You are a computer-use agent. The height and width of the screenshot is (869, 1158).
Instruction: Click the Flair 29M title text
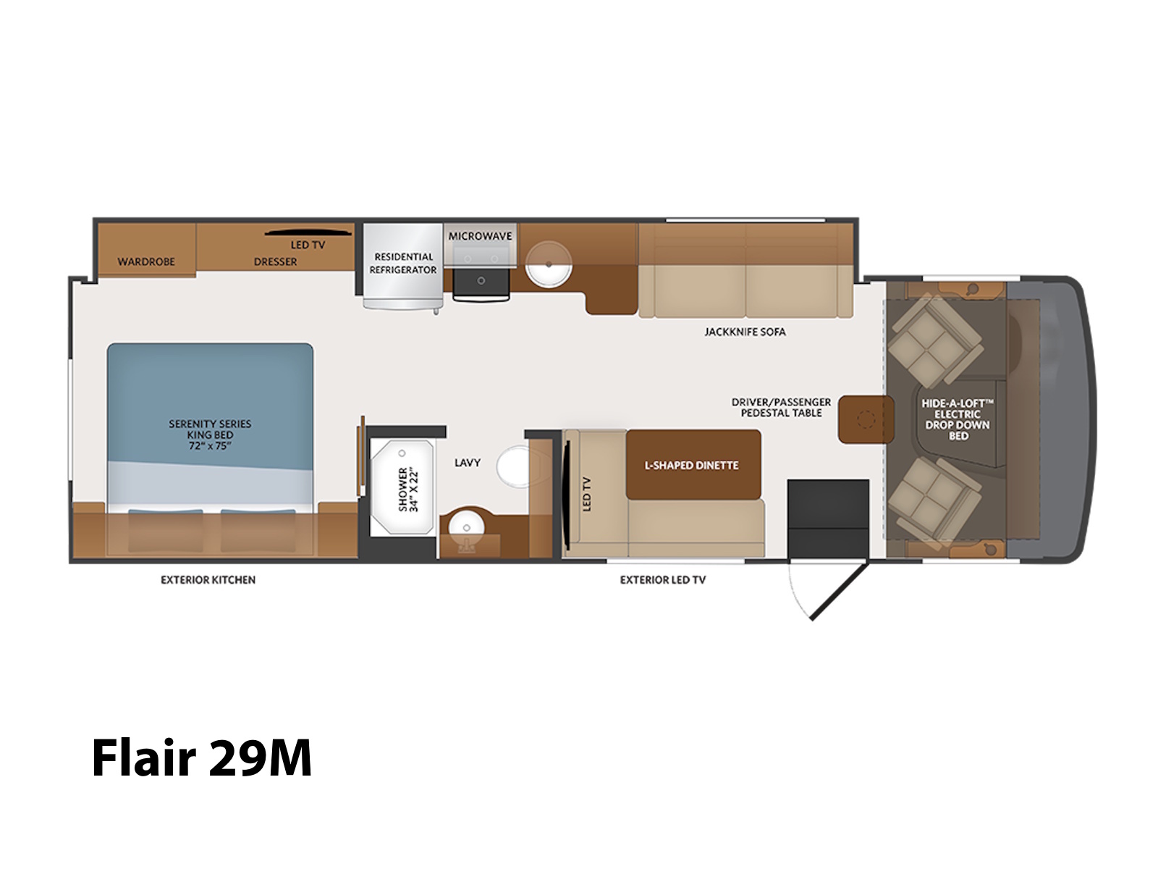[201, 757]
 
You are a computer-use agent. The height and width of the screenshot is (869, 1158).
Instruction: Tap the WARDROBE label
[146, 261]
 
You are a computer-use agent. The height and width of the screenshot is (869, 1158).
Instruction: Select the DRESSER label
[276, 261]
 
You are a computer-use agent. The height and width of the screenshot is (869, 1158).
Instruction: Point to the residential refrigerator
[403, 266]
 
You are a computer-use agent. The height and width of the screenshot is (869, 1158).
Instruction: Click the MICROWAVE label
[480, 236]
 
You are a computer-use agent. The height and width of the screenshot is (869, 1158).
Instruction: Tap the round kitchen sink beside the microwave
[549, 264]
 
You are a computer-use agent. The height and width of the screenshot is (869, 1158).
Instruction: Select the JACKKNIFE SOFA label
[745, 332]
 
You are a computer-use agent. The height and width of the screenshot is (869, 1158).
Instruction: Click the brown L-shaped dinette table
[693, 464]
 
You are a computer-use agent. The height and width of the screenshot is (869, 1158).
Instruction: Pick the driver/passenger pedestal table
[866, 419]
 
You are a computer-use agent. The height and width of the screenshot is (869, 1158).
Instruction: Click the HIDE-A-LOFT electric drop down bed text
[958, 419]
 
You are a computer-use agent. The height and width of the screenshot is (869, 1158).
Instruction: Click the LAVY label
[468, 463]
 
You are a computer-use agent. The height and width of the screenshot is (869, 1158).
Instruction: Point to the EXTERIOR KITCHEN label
[208, 580]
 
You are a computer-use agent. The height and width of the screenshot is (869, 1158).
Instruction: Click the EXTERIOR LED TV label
[663, 580]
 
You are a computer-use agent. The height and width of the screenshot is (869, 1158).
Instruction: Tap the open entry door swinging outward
[840, 592]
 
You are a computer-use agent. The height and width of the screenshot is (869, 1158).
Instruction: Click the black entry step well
[828, 519]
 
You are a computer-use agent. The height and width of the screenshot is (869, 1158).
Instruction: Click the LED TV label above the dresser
[308, 245]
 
